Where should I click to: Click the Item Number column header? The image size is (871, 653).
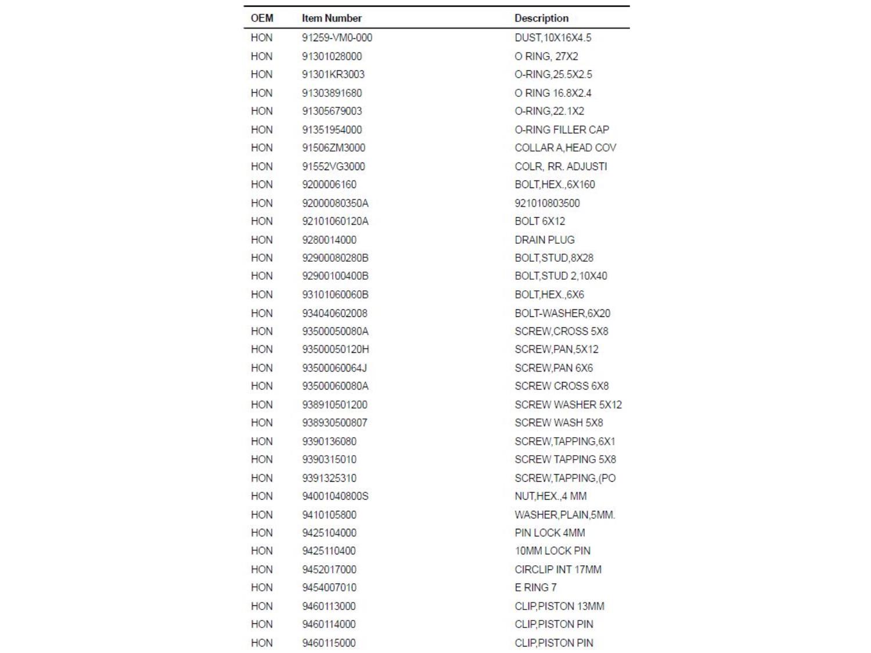coord(332,18)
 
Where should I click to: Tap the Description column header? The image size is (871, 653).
coord(541,18)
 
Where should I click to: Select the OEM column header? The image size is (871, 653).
coord(262,18)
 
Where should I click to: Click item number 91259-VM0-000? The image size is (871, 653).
coord(337,38)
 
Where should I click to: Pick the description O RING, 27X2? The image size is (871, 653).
coord(546,56)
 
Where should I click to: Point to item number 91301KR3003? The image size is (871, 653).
coord(333,74)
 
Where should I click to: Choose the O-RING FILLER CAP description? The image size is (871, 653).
coord(562,129)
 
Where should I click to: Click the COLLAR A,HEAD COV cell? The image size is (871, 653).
coord(565,148)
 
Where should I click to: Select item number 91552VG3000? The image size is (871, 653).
coord(333,167)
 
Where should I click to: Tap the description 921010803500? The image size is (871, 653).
coord(547,203)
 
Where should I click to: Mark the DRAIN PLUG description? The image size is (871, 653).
coord(544,240)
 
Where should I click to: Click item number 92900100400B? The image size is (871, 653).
coord(335,276)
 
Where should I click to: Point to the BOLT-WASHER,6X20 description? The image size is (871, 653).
coord(562,313)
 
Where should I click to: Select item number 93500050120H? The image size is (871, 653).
coord(335,349)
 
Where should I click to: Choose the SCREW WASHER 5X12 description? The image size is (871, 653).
coord(568,405)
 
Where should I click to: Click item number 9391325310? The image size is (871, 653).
coord(329,478)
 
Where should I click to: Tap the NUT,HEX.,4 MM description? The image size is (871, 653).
coord(550,496)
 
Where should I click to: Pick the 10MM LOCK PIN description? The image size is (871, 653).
coord(552,551)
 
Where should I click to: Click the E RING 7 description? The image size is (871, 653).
coord(535,587)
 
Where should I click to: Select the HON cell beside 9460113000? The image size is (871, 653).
coord(261,606)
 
